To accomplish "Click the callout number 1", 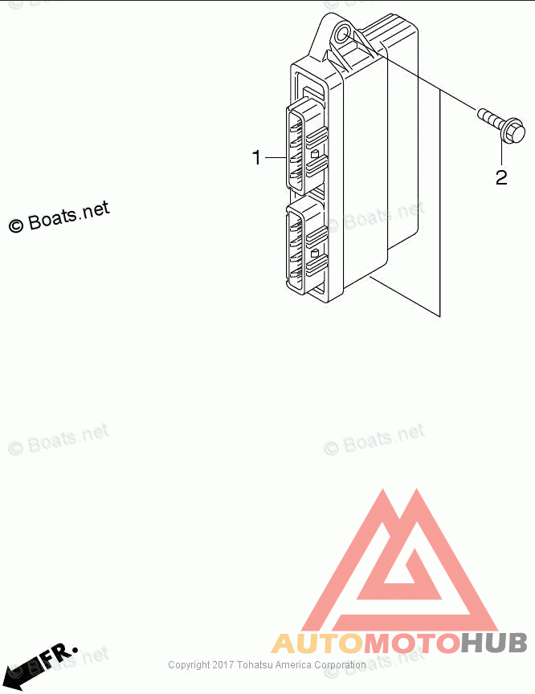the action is (257, 158).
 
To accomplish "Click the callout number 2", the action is (501, 177).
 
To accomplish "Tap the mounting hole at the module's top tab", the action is (344, 35).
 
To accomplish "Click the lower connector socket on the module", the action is (305, 249).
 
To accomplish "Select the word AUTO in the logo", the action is (318, 643).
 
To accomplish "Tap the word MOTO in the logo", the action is (412, 643).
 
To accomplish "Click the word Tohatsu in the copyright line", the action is (255, 665).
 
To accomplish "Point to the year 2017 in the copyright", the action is (223, 665).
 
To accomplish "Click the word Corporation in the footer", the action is (340, 665).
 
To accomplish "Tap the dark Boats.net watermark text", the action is (67, 215).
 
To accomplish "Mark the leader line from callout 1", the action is (276, 158).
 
